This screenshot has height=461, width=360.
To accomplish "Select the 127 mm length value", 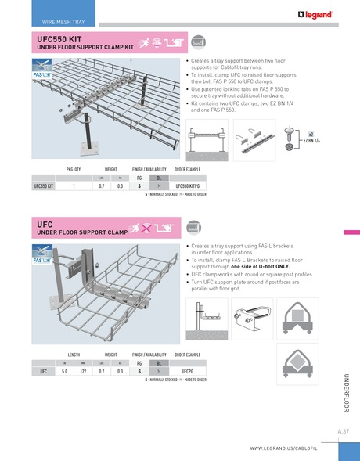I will [82, 371].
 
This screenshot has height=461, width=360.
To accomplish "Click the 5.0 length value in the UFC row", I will [64, 371].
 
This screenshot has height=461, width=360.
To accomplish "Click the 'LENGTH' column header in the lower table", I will [74, 354].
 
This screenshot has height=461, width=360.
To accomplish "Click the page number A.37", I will [343, 431].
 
